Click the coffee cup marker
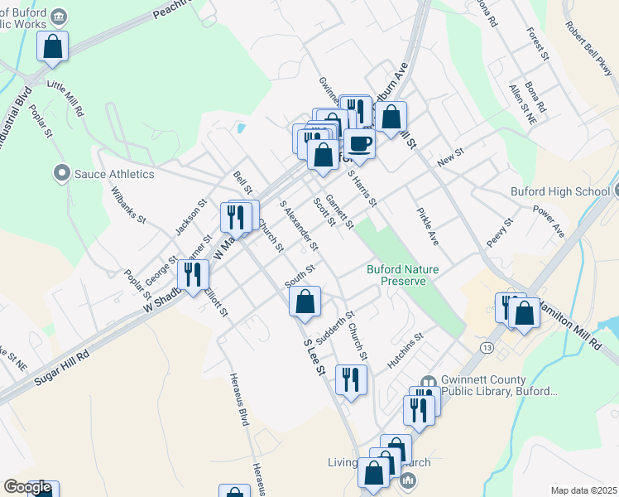359,144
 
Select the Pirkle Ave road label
428,226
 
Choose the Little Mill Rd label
66,97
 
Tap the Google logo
27,487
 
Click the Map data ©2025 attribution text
583,490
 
